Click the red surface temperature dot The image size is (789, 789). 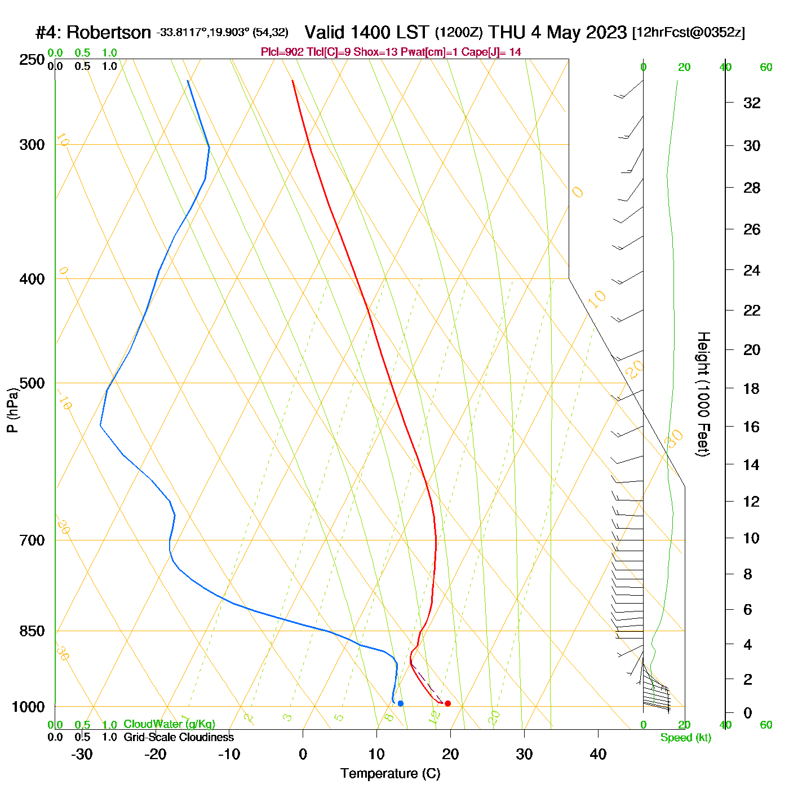pyautogui.click(x=447, y=703)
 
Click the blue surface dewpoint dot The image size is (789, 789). pyautogui.click(x=401, y=703)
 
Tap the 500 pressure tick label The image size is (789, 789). pyautogui.click(x=32, y=383)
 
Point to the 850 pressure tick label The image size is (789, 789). pyautogui.click(x=32, y=631)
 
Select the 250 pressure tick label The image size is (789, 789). pyautogui.click(x=32, y=60)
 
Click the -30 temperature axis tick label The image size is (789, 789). pyautogui.click(x=82, y=754)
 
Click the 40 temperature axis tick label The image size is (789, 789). pyautogui.click(x=598, y=754)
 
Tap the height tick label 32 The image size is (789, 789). pyautogui.click(x=752, y=103)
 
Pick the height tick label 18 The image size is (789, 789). pyautogui.click(x=752, y=388)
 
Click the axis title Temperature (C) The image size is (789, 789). pyautogui.click(x=390, y=774)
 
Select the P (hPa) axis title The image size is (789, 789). pyautogui.click(x=12, y=410)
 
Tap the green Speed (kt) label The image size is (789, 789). pyautogui.click(x=686, y=738)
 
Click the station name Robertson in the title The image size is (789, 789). pyautogui.click(x=109, y=33)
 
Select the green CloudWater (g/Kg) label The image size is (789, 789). pyautogui.click(x=169, y=724)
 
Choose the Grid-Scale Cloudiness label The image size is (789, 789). pyautogui.click(x=179, y=737)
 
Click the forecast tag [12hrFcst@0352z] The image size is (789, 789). pyautogui.click(x=689, y=33)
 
